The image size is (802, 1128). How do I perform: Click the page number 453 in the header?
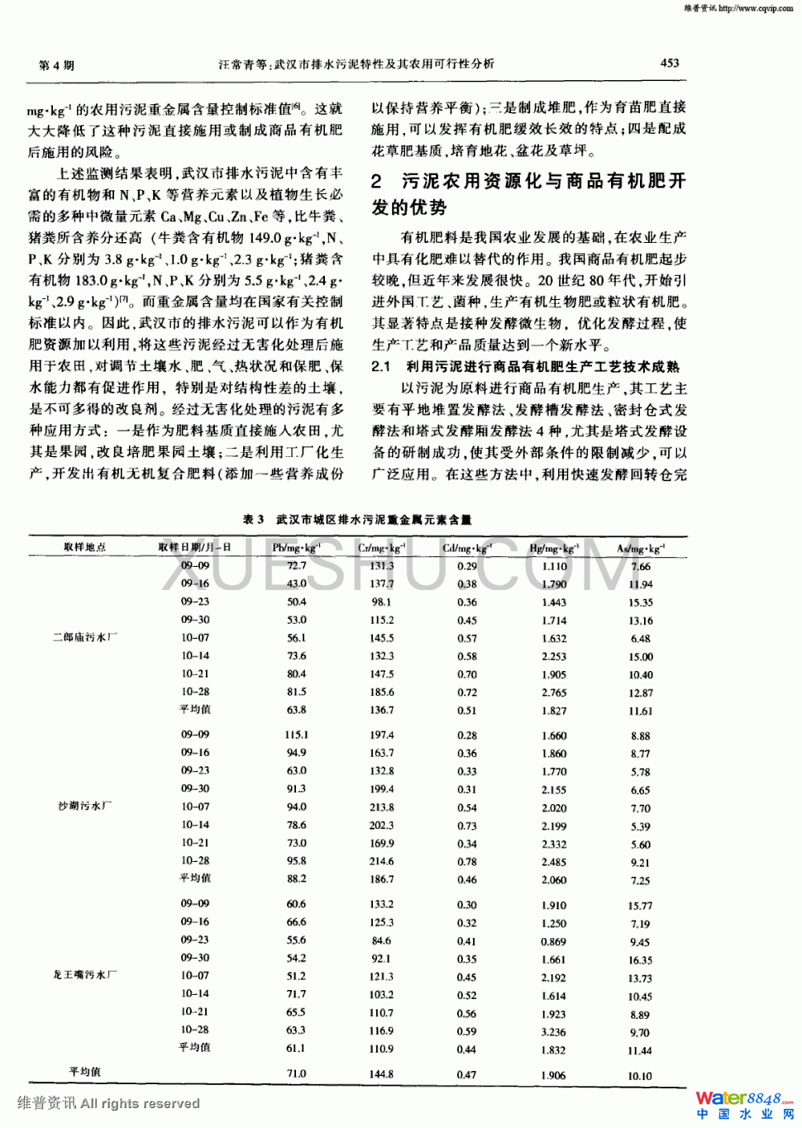tap(670, 63)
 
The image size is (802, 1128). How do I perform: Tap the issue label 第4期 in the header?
tap(56, 65)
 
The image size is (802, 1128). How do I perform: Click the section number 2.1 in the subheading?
tap(380, 366)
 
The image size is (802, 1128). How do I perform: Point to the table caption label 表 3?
tap(253, 520)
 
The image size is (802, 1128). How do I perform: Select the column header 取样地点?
tap(84, 547)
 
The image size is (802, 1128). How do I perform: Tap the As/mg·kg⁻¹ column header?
tap(641, 548)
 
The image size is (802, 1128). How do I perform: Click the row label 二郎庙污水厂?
tap(85, 637)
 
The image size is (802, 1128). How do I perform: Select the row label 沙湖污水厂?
tap(85, 806)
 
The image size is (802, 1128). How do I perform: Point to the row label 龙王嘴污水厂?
tap(85, 975)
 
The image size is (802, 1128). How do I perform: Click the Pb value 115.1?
tap(296, 735)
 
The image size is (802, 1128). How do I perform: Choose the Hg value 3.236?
tap(554, 1031)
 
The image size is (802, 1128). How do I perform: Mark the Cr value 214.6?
tap(382, 861)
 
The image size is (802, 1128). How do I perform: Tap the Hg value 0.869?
tap(554, 941)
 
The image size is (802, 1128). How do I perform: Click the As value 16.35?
tap(641, 960)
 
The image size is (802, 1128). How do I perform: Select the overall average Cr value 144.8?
tap(382, 1074)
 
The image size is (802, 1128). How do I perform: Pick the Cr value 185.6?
tap(382, 693)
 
